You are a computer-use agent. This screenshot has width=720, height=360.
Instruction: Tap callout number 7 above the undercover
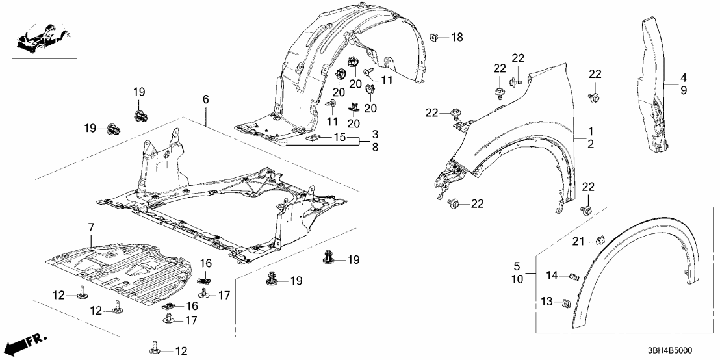[91, 228]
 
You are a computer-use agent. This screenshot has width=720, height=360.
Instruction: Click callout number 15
[340, 138]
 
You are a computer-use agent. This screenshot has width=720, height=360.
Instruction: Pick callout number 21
[578, 243]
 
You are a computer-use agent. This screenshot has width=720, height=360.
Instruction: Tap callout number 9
[683, 91]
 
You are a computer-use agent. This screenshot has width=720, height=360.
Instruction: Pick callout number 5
[518, 266]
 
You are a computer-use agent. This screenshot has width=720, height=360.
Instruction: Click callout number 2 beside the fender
[590, 144]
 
